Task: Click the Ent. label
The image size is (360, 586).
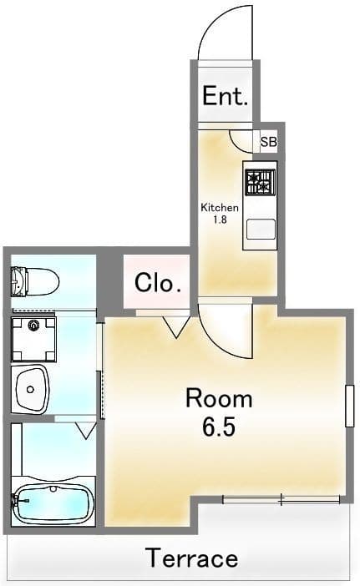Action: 225,96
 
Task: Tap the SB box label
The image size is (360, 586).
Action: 268,142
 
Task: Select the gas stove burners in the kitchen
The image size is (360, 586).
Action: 261,182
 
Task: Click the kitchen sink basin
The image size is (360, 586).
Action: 261,229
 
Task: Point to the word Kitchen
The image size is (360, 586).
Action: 220,207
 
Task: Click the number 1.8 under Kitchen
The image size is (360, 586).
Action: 220,220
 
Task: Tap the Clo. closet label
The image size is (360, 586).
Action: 158,283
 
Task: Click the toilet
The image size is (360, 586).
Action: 35,281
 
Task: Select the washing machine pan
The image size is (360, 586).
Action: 33,340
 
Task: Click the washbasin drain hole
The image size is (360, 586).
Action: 30,390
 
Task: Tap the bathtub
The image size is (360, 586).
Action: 53,503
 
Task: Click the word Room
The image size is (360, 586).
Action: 219,399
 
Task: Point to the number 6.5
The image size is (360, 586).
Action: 219,427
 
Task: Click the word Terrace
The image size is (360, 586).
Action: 192,558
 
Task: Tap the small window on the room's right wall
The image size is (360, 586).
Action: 349,406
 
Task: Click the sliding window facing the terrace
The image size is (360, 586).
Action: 281,499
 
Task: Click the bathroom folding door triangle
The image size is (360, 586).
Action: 86,431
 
